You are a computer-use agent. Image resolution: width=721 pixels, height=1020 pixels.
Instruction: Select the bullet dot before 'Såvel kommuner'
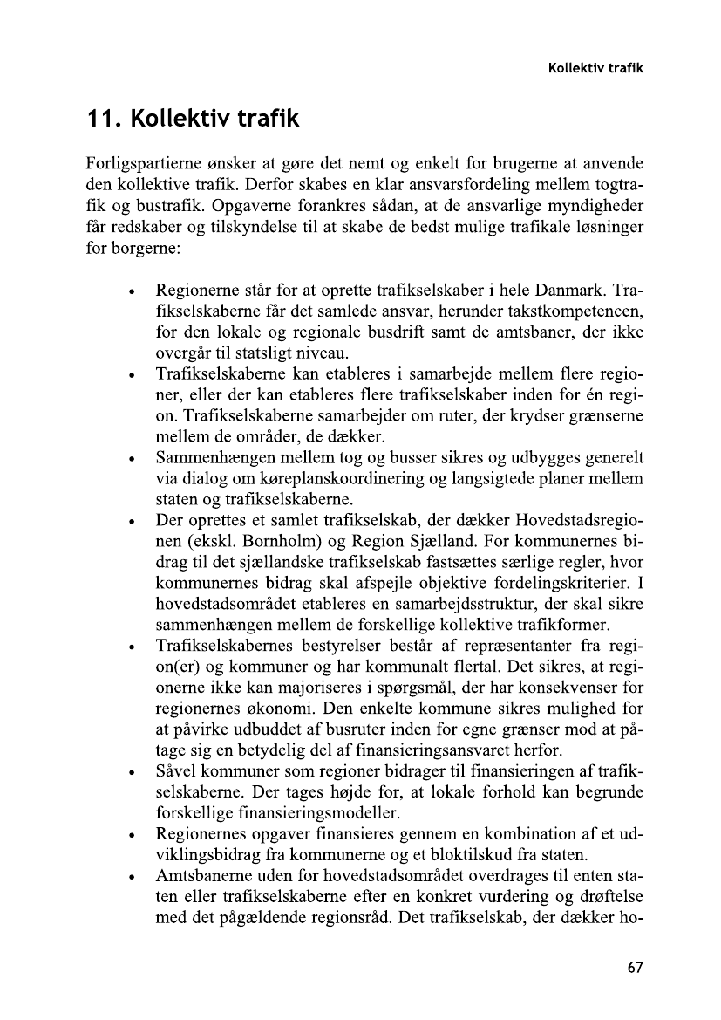coord(130,772)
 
